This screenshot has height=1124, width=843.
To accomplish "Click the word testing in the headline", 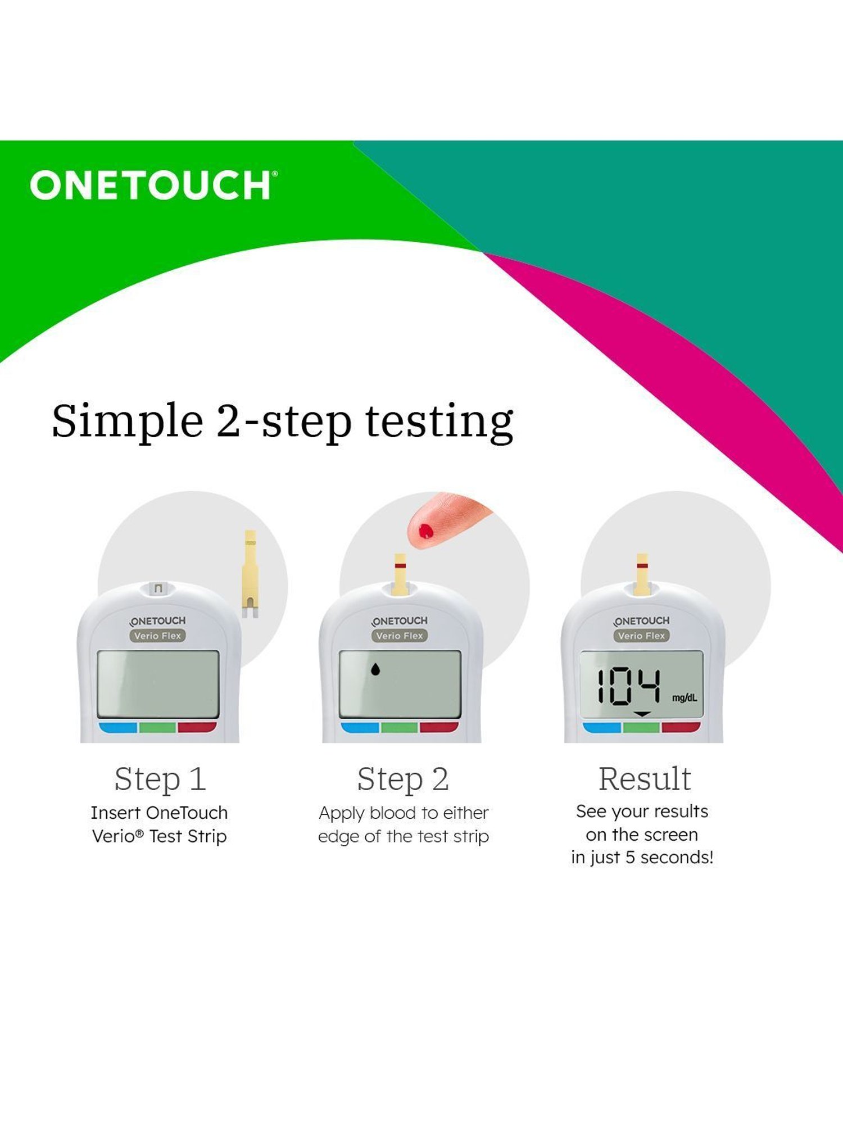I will [439, 422].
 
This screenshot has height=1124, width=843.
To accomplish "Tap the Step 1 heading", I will [160, 779].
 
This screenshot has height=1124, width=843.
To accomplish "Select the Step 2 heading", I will [403, 779].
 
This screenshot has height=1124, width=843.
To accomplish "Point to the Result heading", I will [644, 779].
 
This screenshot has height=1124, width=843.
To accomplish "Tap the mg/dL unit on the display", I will [685, 698].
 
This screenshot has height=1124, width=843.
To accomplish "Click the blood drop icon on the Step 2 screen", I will [375, 669].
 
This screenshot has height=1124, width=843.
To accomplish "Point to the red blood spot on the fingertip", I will [426, 531].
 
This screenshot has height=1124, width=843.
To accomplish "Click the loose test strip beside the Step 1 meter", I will [250, 573].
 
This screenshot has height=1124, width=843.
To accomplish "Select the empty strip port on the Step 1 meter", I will [158, 588].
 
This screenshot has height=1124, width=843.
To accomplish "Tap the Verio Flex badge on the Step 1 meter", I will [158, 636].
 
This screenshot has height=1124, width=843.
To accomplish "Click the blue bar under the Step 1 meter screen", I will [119, 727].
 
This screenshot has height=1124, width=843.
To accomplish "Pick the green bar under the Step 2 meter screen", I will [400, 727].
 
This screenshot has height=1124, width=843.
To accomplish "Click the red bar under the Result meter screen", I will [681, 727].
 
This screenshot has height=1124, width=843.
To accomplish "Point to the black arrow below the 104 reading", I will [642, 714].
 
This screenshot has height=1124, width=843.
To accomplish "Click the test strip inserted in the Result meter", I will [642, 573].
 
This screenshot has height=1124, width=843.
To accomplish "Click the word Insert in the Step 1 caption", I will [115, 813].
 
